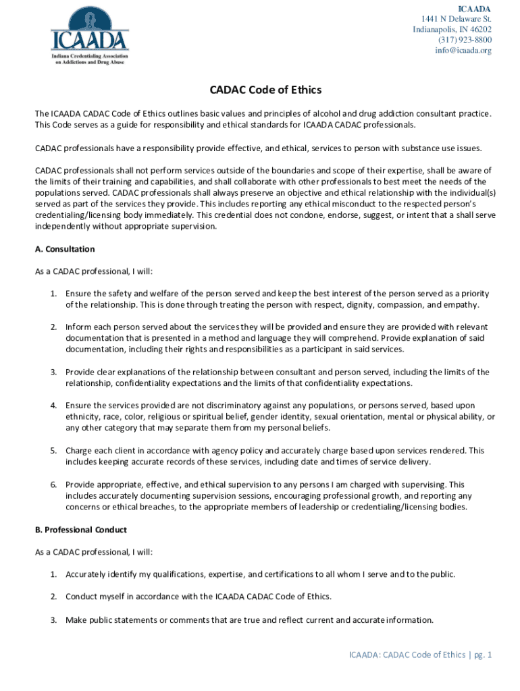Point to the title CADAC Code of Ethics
(260, 90)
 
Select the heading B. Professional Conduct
(80, 530)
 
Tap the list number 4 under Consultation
(53, 406)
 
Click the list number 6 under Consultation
(53, 485)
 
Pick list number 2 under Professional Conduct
(53, 597)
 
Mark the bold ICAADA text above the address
(475, 8)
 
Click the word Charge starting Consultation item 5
(80, 451)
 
